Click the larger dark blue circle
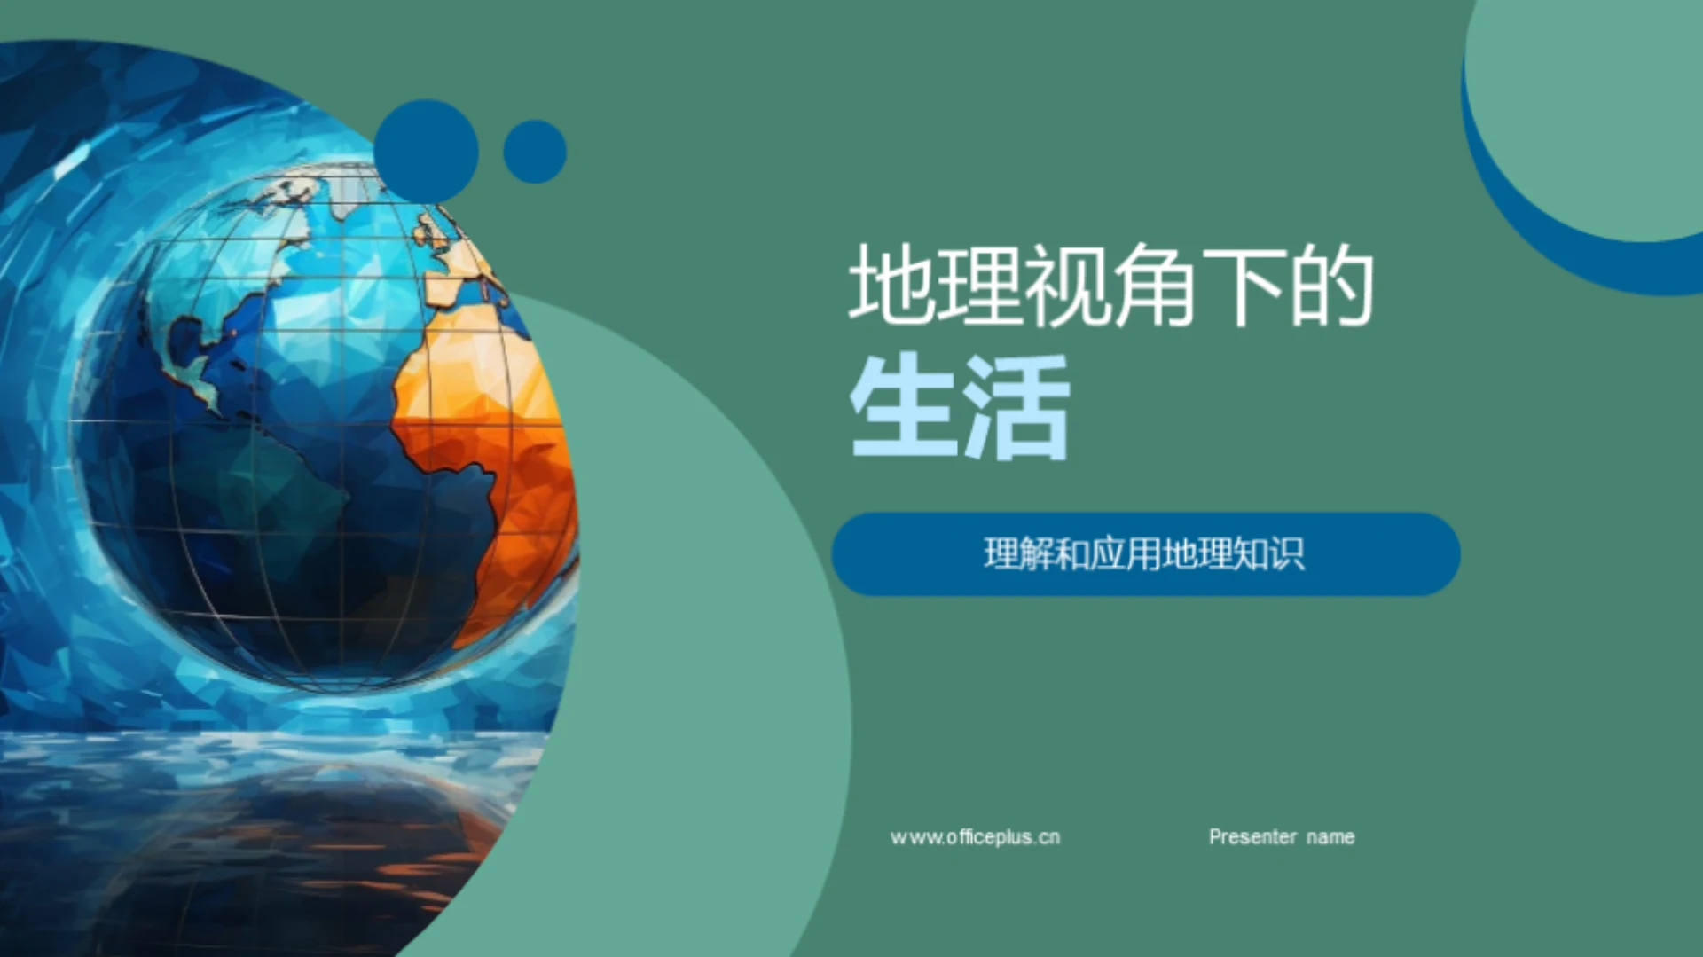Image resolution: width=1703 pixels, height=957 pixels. pyautogui.click(x=426, y=151)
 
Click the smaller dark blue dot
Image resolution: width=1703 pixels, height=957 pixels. pyautogui.click(x=535, y=152)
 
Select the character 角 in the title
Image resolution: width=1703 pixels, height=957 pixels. pyautogui.click(x=1155, y=285)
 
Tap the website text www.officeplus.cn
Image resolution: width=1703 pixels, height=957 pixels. pyautogui.click(x=975, y=837)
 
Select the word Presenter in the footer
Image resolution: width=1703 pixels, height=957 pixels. pyautogui.click(x=1252, y=837)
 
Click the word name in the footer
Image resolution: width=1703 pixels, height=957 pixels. pyautogui.click(x=1330, y=837)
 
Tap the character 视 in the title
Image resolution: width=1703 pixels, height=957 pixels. pyautogui.click(x=1067, y=285)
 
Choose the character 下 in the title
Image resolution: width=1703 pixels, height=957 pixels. pyautogui.click(x=1244, y=285)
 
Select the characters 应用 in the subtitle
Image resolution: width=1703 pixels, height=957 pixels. pyautogui.click(x=1126, y=554)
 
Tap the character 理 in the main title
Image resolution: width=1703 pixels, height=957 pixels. pyautogui.click(x=979, y=285)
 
